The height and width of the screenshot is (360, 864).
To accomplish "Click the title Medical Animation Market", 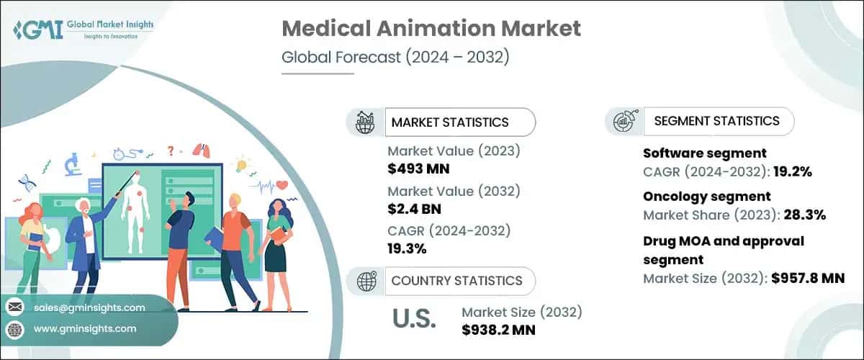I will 431,29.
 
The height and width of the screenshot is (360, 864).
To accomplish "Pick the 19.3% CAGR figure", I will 408,249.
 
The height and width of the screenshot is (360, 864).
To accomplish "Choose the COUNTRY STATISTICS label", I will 456,280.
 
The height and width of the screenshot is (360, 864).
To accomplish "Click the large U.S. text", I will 414,318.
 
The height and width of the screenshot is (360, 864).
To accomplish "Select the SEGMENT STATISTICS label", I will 716,121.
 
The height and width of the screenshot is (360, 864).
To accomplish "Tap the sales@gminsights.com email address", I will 89,307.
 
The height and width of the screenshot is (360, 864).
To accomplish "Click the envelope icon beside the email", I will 15,307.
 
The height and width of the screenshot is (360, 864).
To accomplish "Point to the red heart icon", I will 282,184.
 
